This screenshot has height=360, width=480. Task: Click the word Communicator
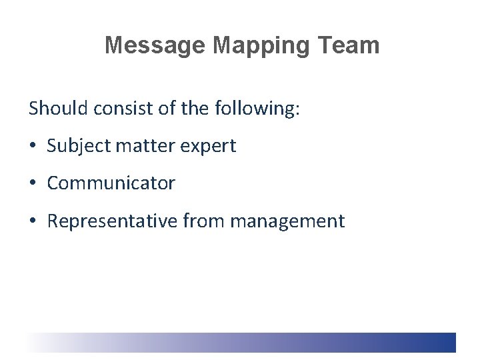point(111,183)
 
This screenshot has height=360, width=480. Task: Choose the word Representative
point(111,221)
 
